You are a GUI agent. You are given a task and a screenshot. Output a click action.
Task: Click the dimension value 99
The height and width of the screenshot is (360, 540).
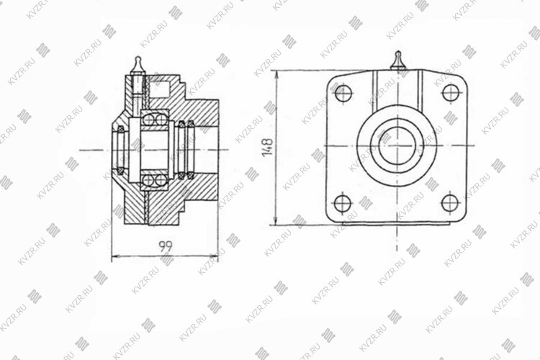pyautogui.click(x=166, y=246)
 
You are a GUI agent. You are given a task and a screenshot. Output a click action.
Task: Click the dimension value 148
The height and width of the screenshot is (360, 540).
pyautogui.click(x=268, y=147)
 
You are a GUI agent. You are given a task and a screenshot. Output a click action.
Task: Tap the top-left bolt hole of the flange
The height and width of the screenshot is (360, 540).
pyautogui.click(x=343, y=93)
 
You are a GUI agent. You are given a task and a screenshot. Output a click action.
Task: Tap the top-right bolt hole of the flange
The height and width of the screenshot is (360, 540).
pyautogui.click(x=451, y=93)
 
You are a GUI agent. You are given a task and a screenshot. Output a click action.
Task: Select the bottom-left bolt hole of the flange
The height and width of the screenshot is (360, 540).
pyautogui.click(x=343, y=203)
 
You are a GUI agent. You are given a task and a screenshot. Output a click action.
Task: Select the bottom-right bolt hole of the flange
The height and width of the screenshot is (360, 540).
pyautogui.click(x=450, y=203)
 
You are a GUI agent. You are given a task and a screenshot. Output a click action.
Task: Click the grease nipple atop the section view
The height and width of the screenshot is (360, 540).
pyautogui.click(x=138, y=66)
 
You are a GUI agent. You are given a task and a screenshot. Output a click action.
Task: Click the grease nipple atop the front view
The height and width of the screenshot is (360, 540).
pyautogui.click(x=397, y=60)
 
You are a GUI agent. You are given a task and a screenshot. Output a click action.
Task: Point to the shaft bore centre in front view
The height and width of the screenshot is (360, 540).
pyautogui.click(x=397, y=145)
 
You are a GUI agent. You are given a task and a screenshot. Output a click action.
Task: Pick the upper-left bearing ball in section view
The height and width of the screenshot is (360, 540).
pyautogui.click(x=148, y=120)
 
